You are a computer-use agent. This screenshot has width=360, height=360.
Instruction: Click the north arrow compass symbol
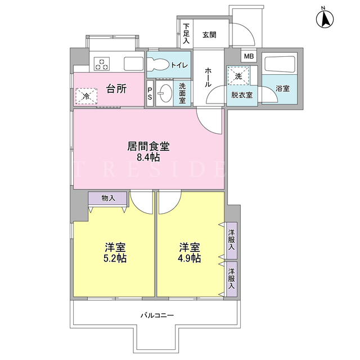(325, 19)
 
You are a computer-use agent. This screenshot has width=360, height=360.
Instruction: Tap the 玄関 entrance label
(209, 35)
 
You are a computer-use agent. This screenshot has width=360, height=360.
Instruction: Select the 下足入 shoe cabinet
(186, 34)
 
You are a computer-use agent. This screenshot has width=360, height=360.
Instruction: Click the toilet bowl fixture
(159, 64)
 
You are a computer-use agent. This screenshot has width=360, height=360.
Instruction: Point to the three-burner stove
(102, 64)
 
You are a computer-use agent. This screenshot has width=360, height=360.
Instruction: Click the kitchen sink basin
(134, 64)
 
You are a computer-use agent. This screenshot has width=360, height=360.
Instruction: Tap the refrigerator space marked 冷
(86, 96)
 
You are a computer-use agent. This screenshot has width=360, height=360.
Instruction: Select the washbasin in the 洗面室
(165, 93)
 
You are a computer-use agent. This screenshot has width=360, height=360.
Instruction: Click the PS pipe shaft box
(150, 93)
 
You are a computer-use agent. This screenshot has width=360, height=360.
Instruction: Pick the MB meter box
(249, 56)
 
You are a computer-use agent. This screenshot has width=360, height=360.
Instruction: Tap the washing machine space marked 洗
(238, 76)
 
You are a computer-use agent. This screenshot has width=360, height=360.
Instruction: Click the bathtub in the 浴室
(280, 64)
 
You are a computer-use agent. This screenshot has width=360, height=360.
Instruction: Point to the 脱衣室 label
(242, 95)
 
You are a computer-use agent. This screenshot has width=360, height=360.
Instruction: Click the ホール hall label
(208, 77)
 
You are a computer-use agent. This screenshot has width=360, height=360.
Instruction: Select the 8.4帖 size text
(148, 157)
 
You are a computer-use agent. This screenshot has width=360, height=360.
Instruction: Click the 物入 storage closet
(107, 197)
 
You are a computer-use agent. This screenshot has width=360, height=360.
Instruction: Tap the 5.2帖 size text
(115, 259)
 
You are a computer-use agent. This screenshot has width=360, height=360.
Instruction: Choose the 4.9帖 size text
(189, 259)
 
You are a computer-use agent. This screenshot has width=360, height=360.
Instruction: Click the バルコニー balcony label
(157, 315)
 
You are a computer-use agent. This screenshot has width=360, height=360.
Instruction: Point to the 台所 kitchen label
(116, 89)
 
